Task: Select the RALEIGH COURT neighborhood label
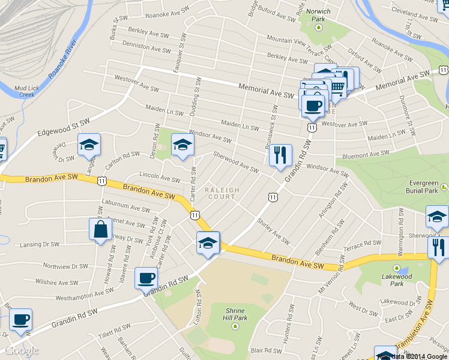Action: point(222,193)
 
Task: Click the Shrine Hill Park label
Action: point(235,314)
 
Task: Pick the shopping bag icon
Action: point(100,229)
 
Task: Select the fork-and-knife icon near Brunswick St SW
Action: point(280,156)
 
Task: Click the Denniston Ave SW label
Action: point(146,46)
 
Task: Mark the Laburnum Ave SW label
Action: point(126,208)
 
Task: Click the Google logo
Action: point(22,350)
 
